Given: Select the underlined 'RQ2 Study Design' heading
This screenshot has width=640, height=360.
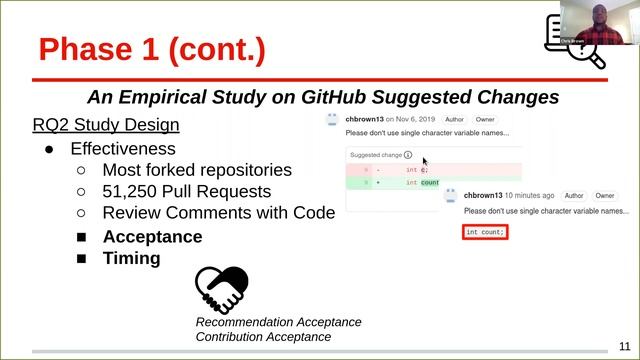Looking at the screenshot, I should point(106,125).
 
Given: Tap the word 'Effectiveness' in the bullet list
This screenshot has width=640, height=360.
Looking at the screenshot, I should point(121,149).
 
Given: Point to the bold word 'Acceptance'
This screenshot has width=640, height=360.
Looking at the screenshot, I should point(152,237).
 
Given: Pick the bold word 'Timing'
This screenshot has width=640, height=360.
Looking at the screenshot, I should point(131,258).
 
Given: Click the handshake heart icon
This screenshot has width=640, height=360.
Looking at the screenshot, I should point(221,290).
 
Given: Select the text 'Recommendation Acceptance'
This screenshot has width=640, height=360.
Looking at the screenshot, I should point(278,322).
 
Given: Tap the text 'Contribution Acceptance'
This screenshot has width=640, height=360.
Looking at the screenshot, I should point(263,337).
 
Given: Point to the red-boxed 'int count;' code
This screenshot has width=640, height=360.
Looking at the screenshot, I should point(485,232).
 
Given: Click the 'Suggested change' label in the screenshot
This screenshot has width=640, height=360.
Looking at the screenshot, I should point(376,155).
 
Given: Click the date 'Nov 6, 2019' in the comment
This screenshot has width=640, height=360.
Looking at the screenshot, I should point(407,119).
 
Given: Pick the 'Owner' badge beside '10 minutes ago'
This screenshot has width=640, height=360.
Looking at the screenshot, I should point(605,196).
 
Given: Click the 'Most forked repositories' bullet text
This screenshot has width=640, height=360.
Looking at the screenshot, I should point(197,170).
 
